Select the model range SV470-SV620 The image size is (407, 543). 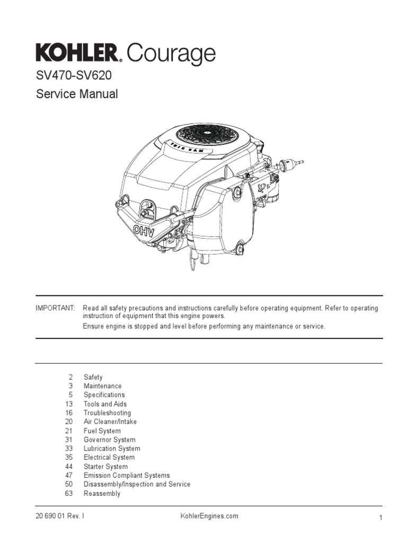[x=74, y=76]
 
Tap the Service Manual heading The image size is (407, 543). [x=77, y=94]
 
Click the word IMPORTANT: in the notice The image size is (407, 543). [x=55, y=309]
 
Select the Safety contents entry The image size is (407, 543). [x=93, y=377]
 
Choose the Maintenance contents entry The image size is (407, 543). [x=102, y=386]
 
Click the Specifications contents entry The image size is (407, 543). [x=104, y=395]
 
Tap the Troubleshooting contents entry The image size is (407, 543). [x=107, y=413]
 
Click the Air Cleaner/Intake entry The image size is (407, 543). [x=110, y=422]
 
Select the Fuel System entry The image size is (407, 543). [x=102, y=431]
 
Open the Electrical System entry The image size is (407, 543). [x=109, y=457]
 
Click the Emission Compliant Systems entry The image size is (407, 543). [x=127, y=476]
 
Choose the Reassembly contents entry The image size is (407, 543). [x=102, y=494]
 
